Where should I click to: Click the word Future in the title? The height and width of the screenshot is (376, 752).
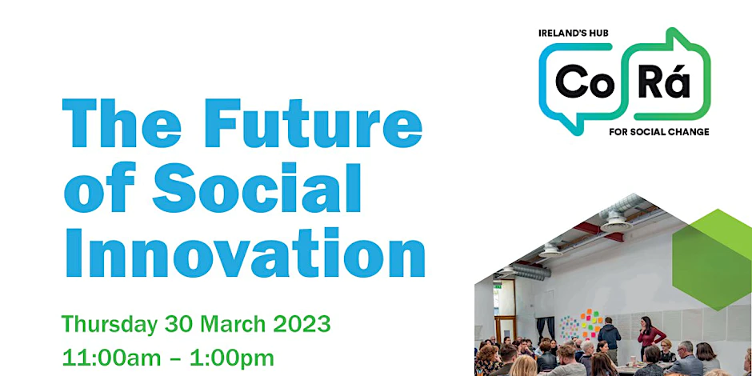click(314, 122)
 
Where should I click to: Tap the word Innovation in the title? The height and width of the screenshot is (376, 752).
click(244, 252)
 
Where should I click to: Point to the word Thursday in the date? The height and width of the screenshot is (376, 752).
click(110, 325)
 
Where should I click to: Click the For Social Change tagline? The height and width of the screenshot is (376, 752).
click(659, 132)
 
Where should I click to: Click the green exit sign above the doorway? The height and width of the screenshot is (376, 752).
click(498, 286)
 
